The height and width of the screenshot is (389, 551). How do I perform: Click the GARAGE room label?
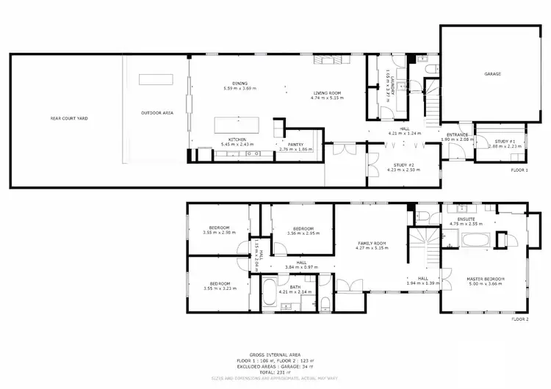click(493, 75)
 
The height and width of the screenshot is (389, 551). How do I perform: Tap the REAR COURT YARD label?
click(68, 117)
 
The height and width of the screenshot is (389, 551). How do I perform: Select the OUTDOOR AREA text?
click(156, 113)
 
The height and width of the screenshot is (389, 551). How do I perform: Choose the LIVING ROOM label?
click(327, 92)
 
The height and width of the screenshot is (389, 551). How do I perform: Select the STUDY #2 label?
click(403, 165)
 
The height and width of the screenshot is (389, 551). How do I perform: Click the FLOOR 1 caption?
click(519, 170)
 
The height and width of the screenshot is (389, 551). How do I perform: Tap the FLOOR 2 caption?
click(519, 319)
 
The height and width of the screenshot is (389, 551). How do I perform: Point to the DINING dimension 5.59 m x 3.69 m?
click(238, 89)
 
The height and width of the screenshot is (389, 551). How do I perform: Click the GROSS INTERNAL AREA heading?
click(274, 353)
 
